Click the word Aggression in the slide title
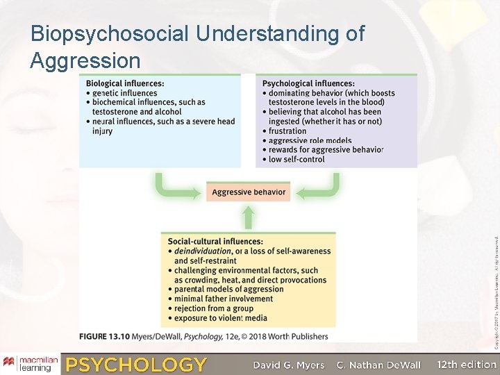click(85, 61)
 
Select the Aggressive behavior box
click(248, 192)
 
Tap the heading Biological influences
click(125, 84)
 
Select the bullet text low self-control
click(297, 159)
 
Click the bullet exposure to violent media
click(220, 319)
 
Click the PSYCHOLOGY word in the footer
click(136, 365)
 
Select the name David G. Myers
click(288, 365)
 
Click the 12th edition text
click(467, 364)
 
